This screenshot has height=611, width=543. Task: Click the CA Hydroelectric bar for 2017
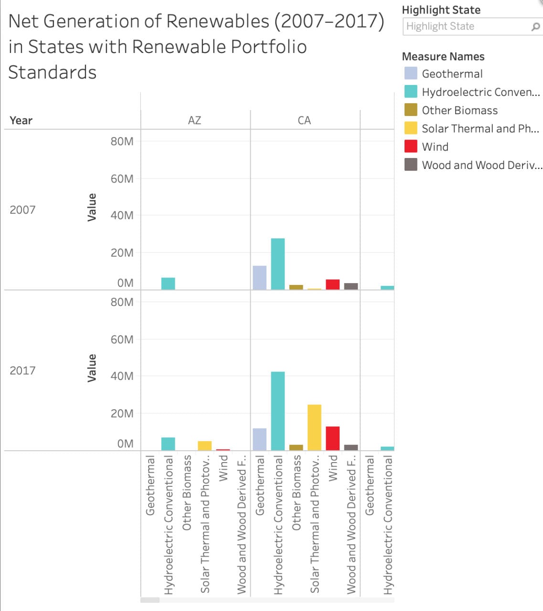click(x=277, y=411)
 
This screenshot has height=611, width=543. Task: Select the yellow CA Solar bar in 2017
click(x=314, y=427)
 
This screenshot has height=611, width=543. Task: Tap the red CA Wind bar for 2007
click(x=332, y=284)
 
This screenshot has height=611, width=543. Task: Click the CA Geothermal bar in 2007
click(x=259, y=277)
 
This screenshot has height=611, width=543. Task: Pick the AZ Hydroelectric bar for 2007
click(x=168, y=284)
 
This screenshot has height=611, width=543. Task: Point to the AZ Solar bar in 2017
click(x=204, y=445)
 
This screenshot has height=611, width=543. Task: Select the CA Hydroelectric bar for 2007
click(x=277, y=264)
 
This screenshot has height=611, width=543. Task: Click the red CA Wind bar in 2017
click(x=332, y=438)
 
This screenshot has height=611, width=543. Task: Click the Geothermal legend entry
click(x=452, y=74)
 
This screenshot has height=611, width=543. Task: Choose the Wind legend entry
click(x=435, y=147)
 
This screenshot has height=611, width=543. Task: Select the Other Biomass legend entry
click(x=459, y=110)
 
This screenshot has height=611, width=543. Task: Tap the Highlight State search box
click(x=466, y=26)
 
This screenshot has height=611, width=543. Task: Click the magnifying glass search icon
click(x=535, y=27)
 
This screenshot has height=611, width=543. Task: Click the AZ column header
click(x=194, y=120)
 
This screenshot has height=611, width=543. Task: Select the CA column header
click(x=304, y=120)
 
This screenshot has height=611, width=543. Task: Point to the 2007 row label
click(x=22, y=210)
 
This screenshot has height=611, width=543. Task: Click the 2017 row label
click(x=22, y=370)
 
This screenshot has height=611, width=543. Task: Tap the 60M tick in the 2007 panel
click(x=122, y=179)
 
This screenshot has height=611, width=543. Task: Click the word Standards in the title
click(x=53, y=73)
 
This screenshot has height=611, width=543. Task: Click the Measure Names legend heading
click(x=443, y=56)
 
